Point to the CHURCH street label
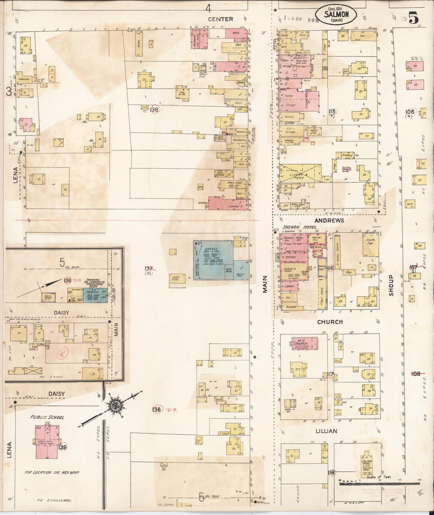pos(330,322)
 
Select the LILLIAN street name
pos(326,431)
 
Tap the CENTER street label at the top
pos(221,19)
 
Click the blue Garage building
pos(213,260)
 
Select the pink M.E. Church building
pos(305,343)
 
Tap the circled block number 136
pos(155,110)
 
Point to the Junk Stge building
pos(175,278)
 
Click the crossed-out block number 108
pos(416,374)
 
